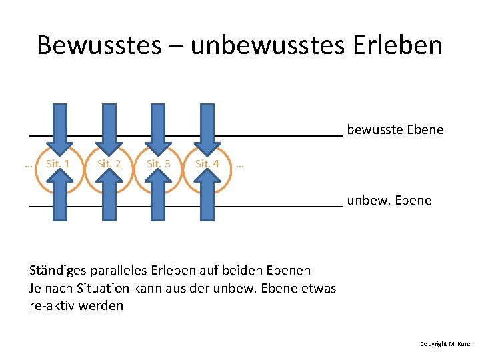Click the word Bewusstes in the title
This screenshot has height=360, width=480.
[x=99, y=45]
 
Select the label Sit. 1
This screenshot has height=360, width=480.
[x=59, y=163]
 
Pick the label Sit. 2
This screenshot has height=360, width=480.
[x=109, y=163]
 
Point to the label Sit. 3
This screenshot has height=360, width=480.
[x=158, y=163]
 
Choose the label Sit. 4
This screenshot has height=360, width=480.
[x=207, y=163]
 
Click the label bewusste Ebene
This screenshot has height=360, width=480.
[x=395, y=129]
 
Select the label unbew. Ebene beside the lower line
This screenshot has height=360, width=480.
[x=389, y=200]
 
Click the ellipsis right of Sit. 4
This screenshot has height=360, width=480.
[x=240, y=163]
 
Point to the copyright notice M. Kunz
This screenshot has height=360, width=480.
[x=445, y=344]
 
